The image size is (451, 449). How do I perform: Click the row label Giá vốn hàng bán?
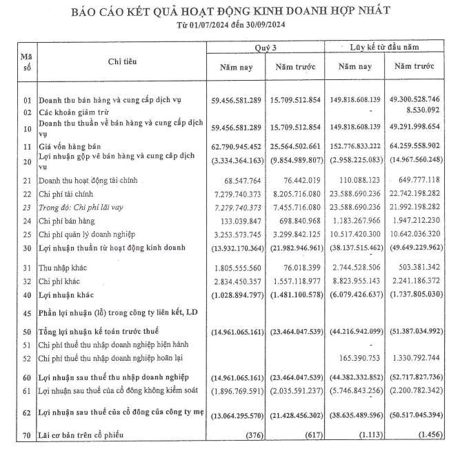point(71,147)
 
